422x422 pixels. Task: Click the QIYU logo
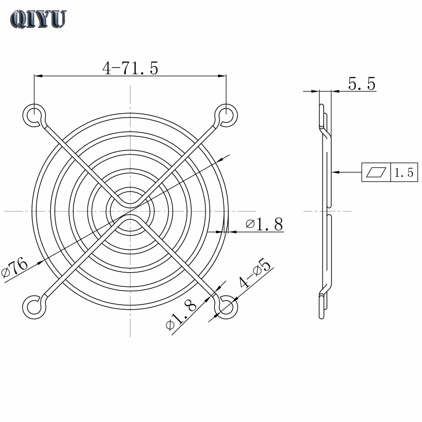(x=38, y=19)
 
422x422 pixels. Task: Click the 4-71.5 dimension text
(x=130, y=68)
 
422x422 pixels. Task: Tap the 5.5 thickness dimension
(x=362, y=84)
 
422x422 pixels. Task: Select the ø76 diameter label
(x=14, y=267)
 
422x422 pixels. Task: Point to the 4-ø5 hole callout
(x=255, y=273)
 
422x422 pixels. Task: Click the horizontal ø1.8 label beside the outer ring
(x=264, y=224)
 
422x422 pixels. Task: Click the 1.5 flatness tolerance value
(x=404, y=173)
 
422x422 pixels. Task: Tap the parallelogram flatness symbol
(x=376, y=172)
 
